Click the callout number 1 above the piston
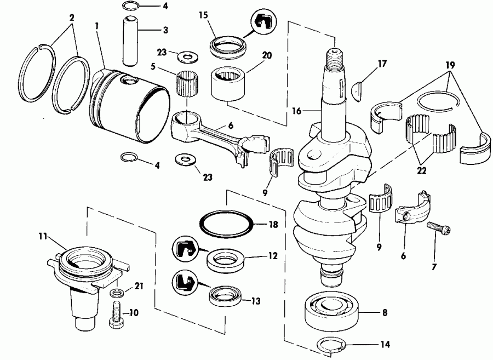97,25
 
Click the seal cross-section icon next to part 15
261,21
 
